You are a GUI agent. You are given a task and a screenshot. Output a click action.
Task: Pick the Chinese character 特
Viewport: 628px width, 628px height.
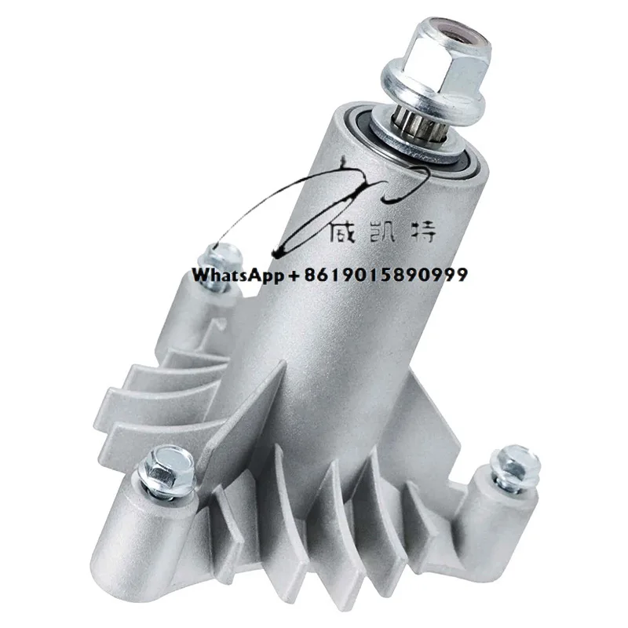429,230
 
